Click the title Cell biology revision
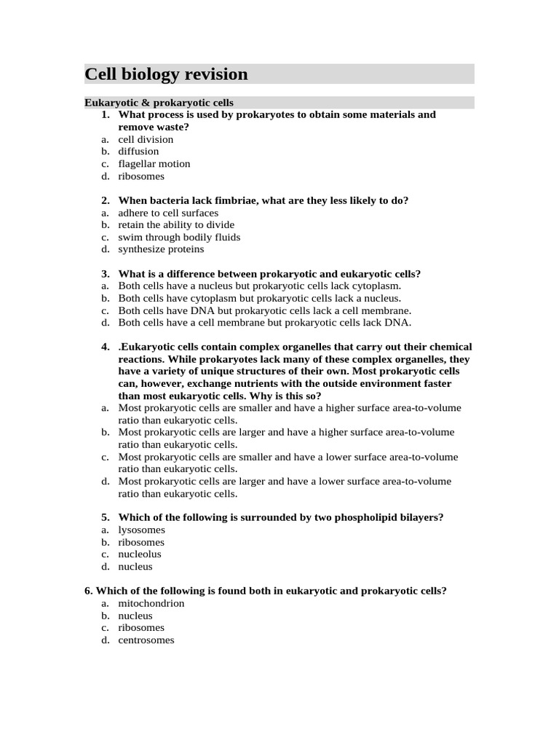[167, 74]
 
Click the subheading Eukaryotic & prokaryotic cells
[159, 103]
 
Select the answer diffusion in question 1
[138, 152]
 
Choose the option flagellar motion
[154, 164]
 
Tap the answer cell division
[146, 139]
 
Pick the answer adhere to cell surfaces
[168, 213]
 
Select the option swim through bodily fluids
[179, 237]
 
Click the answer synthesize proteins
[161, 249]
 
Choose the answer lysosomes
[141, 530]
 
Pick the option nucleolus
[140, 554]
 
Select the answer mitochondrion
[151, 603]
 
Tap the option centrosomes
[146, 640]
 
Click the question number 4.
[106, 347]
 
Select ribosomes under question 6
[141, 628]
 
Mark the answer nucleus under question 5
[135, 567]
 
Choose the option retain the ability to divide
[176, 225]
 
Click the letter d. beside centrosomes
[106, 640]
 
